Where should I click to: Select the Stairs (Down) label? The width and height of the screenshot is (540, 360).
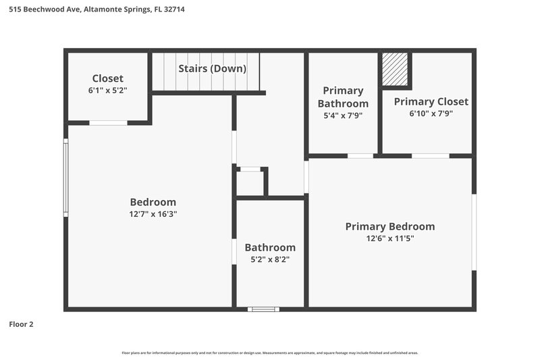tap(212, 69)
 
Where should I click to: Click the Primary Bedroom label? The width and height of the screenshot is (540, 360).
tap(389, 226)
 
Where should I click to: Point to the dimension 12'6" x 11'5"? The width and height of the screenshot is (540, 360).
tap(389, 238)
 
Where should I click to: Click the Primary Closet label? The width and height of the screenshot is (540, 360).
tap(431, 101)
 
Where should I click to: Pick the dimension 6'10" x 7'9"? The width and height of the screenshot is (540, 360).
tap(431, 113)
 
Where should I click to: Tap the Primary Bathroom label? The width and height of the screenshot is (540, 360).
tap(343, 97)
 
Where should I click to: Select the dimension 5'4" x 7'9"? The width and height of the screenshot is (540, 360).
tap(343, 115)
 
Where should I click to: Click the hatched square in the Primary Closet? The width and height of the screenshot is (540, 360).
tap(396, 70)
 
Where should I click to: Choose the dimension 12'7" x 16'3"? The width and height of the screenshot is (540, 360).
tap(153, 214)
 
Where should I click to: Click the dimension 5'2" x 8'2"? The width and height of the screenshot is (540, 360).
tap(270, 259)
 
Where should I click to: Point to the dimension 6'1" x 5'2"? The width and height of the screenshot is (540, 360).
tap(108, 90)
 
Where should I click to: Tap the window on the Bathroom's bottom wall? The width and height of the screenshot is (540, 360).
tap(263, 309)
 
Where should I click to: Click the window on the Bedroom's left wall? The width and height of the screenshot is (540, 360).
tap(66, 178)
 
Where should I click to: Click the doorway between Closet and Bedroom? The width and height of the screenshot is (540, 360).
tap(109, 123)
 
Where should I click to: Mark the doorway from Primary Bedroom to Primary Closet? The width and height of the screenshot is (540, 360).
tap(431, 156)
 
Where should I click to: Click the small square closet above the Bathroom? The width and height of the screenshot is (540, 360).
tap(250, 182)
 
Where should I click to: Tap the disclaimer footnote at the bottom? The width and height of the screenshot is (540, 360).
tap(270, 353)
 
